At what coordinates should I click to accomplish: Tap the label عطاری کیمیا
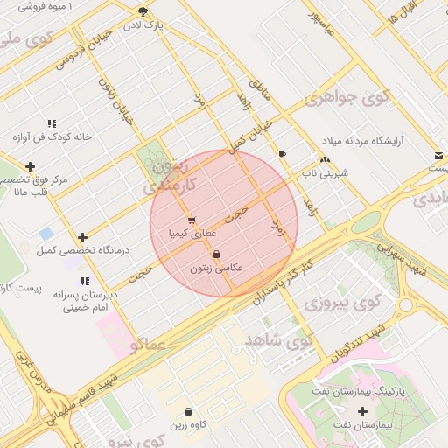(x=192, y=234)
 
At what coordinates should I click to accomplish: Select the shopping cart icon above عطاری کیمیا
(x=192, y=220)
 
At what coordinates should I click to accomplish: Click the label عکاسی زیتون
(x=216, y=269)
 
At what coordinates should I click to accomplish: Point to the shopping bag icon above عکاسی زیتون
(x=216, y=255)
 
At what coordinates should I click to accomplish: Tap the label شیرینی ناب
(x=325, y=173)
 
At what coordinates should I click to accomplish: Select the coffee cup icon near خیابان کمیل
(x=281, y=155)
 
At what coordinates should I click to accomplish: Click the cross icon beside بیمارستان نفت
(x=363, y=410)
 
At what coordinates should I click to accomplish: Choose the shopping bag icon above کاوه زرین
(x=189, y=411)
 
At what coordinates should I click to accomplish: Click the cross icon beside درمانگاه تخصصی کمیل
(x=82, y=237)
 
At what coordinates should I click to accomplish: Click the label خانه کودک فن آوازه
(x=52, y=137)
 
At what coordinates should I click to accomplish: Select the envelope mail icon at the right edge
(x=437, y=156)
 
